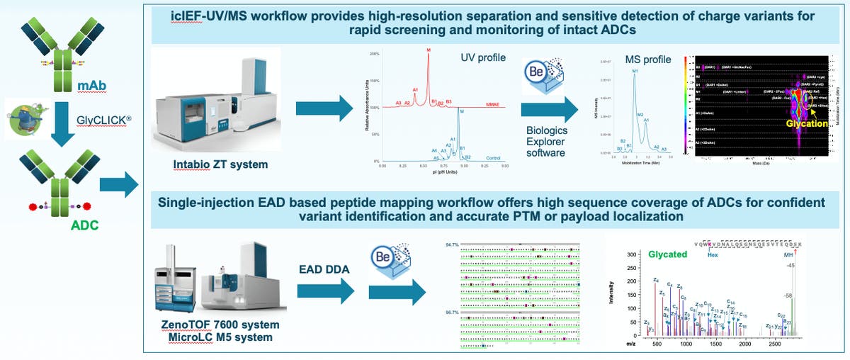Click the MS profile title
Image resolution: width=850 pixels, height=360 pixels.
[647, 59]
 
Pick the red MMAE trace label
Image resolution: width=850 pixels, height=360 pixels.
[494, 103]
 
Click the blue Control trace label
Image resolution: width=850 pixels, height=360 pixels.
[494, 157]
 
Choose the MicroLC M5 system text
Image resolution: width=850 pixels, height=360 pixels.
[217, 337]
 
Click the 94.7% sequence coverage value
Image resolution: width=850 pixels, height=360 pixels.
[451, 244]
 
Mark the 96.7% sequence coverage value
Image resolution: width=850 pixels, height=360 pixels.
[451, 312]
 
